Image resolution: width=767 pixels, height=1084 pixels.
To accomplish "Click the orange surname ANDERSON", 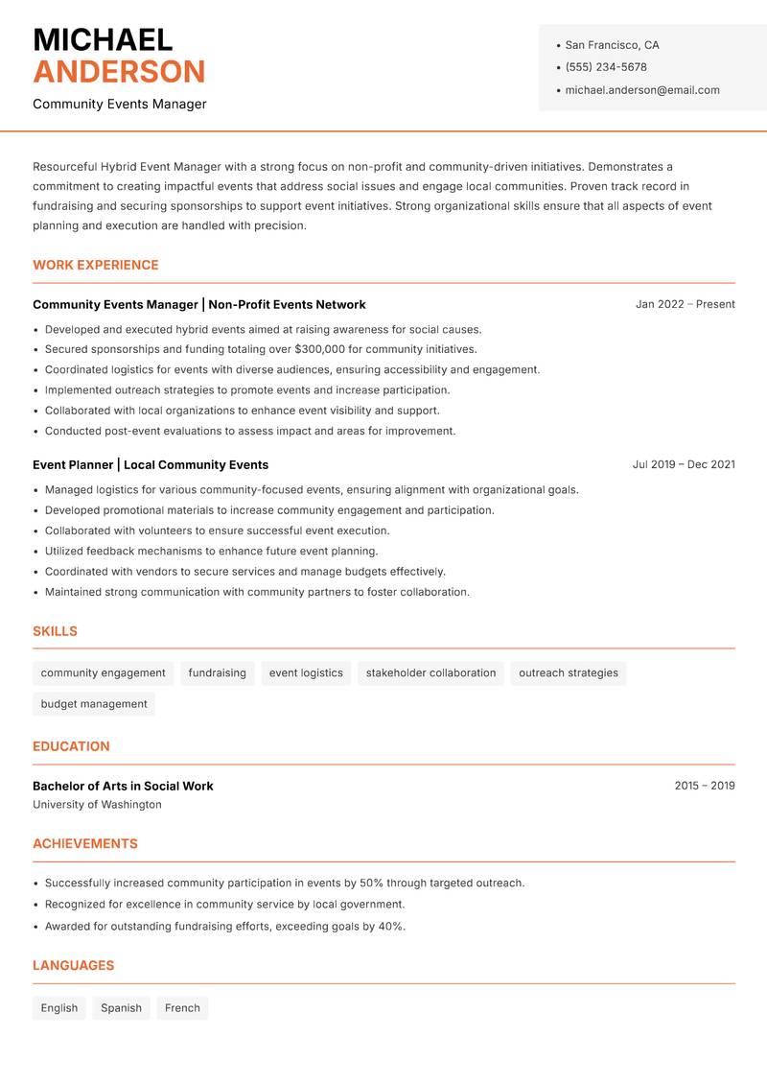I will (119, 72).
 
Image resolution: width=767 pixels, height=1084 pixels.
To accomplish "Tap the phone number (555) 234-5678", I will (605, 67).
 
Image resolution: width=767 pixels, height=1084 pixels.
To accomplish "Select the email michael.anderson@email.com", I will (641, 90).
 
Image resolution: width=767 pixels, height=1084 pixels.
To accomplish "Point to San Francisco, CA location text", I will (612, 45).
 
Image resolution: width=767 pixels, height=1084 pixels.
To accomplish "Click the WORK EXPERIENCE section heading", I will (96, 265).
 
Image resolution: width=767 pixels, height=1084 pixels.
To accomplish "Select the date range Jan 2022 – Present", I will (685, 304).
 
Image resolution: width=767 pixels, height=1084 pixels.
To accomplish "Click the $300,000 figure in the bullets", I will (321, 349).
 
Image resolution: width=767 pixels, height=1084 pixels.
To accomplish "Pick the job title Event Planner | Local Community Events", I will (151, 464).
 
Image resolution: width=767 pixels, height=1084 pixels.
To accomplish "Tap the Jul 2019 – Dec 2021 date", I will (683, 464).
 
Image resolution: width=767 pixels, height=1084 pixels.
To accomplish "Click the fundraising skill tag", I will (217, 672).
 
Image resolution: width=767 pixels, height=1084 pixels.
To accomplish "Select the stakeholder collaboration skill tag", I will (430, 672).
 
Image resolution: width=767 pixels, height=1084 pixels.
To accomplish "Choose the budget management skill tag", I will (94, 704).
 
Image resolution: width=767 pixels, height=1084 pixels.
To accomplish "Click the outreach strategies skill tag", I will (568, 672).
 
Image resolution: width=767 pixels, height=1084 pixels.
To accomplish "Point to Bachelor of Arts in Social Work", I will (123, 786).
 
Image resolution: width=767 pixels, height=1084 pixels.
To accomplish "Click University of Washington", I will (97, 805).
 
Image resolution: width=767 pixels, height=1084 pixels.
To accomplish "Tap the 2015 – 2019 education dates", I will (704, 786).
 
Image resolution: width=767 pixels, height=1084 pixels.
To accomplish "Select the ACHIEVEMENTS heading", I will (85, 844).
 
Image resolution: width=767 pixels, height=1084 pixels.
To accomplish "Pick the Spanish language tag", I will (121, 1008).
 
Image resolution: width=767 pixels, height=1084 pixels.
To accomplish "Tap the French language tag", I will (182, 1008).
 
